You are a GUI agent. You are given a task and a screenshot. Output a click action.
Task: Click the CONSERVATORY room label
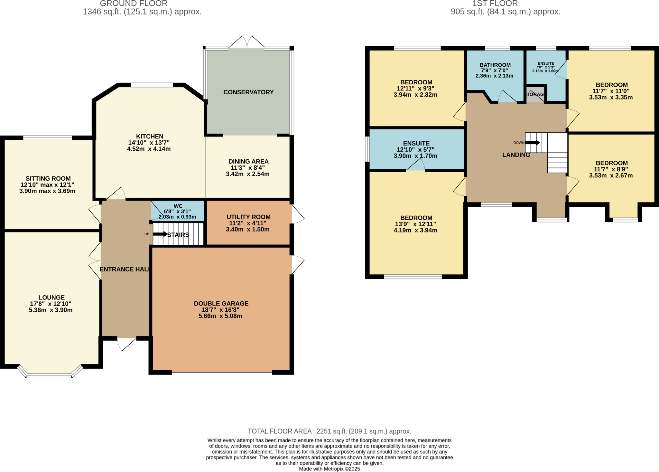(x=248, y=92)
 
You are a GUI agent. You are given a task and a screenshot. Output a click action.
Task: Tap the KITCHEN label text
(x=150, y=137)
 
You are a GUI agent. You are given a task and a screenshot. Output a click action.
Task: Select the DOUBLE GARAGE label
(x=221, y=304)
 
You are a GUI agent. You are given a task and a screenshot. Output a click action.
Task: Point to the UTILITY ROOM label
(x=248, y=217)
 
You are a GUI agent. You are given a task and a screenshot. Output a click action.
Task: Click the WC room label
(x=178, y=206)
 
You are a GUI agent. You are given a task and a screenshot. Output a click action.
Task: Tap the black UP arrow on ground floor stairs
(x=160, y=234)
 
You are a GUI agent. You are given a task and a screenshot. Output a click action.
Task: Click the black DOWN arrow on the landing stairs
(x=533, y=143)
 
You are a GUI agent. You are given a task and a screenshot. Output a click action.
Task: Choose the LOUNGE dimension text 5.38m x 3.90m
(x=51, y=310)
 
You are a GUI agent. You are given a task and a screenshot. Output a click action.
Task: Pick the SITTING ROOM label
(x=48, y=179)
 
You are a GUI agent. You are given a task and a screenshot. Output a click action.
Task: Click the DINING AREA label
(x=248, y=162)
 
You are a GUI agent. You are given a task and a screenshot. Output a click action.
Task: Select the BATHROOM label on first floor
(x=495, y=65)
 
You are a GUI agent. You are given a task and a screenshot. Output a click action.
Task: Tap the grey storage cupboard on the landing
(x=535, y=94)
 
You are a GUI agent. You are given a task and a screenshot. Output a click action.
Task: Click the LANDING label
(x=516, y=155)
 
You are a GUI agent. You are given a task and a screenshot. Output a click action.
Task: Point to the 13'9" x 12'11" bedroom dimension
(x=415, y=224)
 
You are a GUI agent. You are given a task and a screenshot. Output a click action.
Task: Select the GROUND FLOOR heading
(x=134, y=4)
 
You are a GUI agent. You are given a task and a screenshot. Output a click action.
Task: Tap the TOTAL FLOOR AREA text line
(x=329, y=431)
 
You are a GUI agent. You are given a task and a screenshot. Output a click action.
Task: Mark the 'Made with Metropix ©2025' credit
(x=329, y=469)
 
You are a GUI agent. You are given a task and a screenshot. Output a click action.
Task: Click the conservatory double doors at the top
(x=246, y=42)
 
